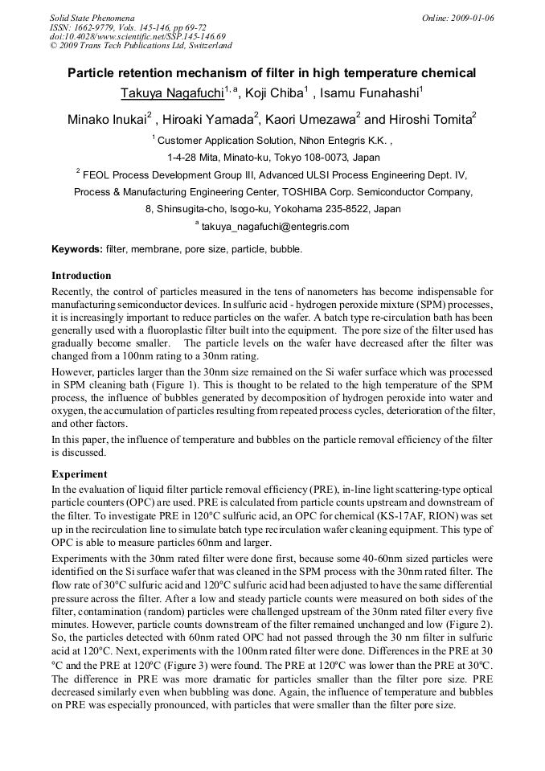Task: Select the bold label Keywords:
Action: tap(76, 249)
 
